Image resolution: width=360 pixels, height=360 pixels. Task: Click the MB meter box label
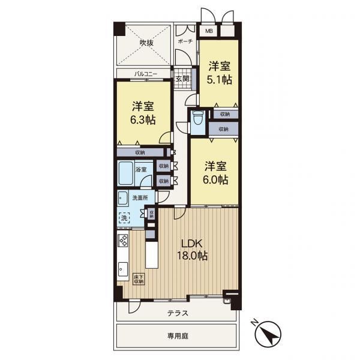point(209,31)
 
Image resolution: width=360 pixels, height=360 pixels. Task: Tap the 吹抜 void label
point(147,43)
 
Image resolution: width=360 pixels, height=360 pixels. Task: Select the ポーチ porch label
point(185,41)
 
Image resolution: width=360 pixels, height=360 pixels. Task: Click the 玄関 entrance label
point(182,79)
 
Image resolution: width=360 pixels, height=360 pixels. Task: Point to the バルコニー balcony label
point(146,74)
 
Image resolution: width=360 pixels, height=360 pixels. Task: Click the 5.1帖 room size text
point(219,80)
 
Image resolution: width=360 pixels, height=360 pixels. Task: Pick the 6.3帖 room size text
point(143,120)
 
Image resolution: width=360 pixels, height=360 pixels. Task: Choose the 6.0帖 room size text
point(215,179)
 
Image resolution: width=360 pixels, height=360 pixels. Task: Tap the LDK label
point(192,244)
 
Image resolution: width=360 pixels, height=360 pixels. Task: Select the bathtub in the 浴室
point(126,173)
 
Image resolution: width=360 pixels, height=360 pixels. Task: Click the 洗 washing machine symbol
point(124,218)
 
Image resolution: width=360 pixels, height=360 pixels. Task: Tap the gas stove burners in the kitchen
point(123,240)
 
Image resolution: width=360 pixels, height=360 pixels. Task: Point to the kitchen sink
point(123,269)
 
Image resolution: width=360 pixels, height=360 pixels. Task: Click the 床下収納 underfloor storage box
point(139,279)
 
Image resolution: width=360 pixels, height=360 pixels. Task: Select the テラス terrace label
point(178,313)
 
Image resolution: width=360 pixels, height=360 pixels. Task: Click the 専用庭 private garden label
point(178,336)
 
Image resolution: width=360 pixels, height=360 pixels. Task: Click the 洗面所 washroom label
point(140,197)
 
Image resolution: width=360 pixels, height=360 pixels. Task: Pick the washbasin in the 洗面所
point(123,199)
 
